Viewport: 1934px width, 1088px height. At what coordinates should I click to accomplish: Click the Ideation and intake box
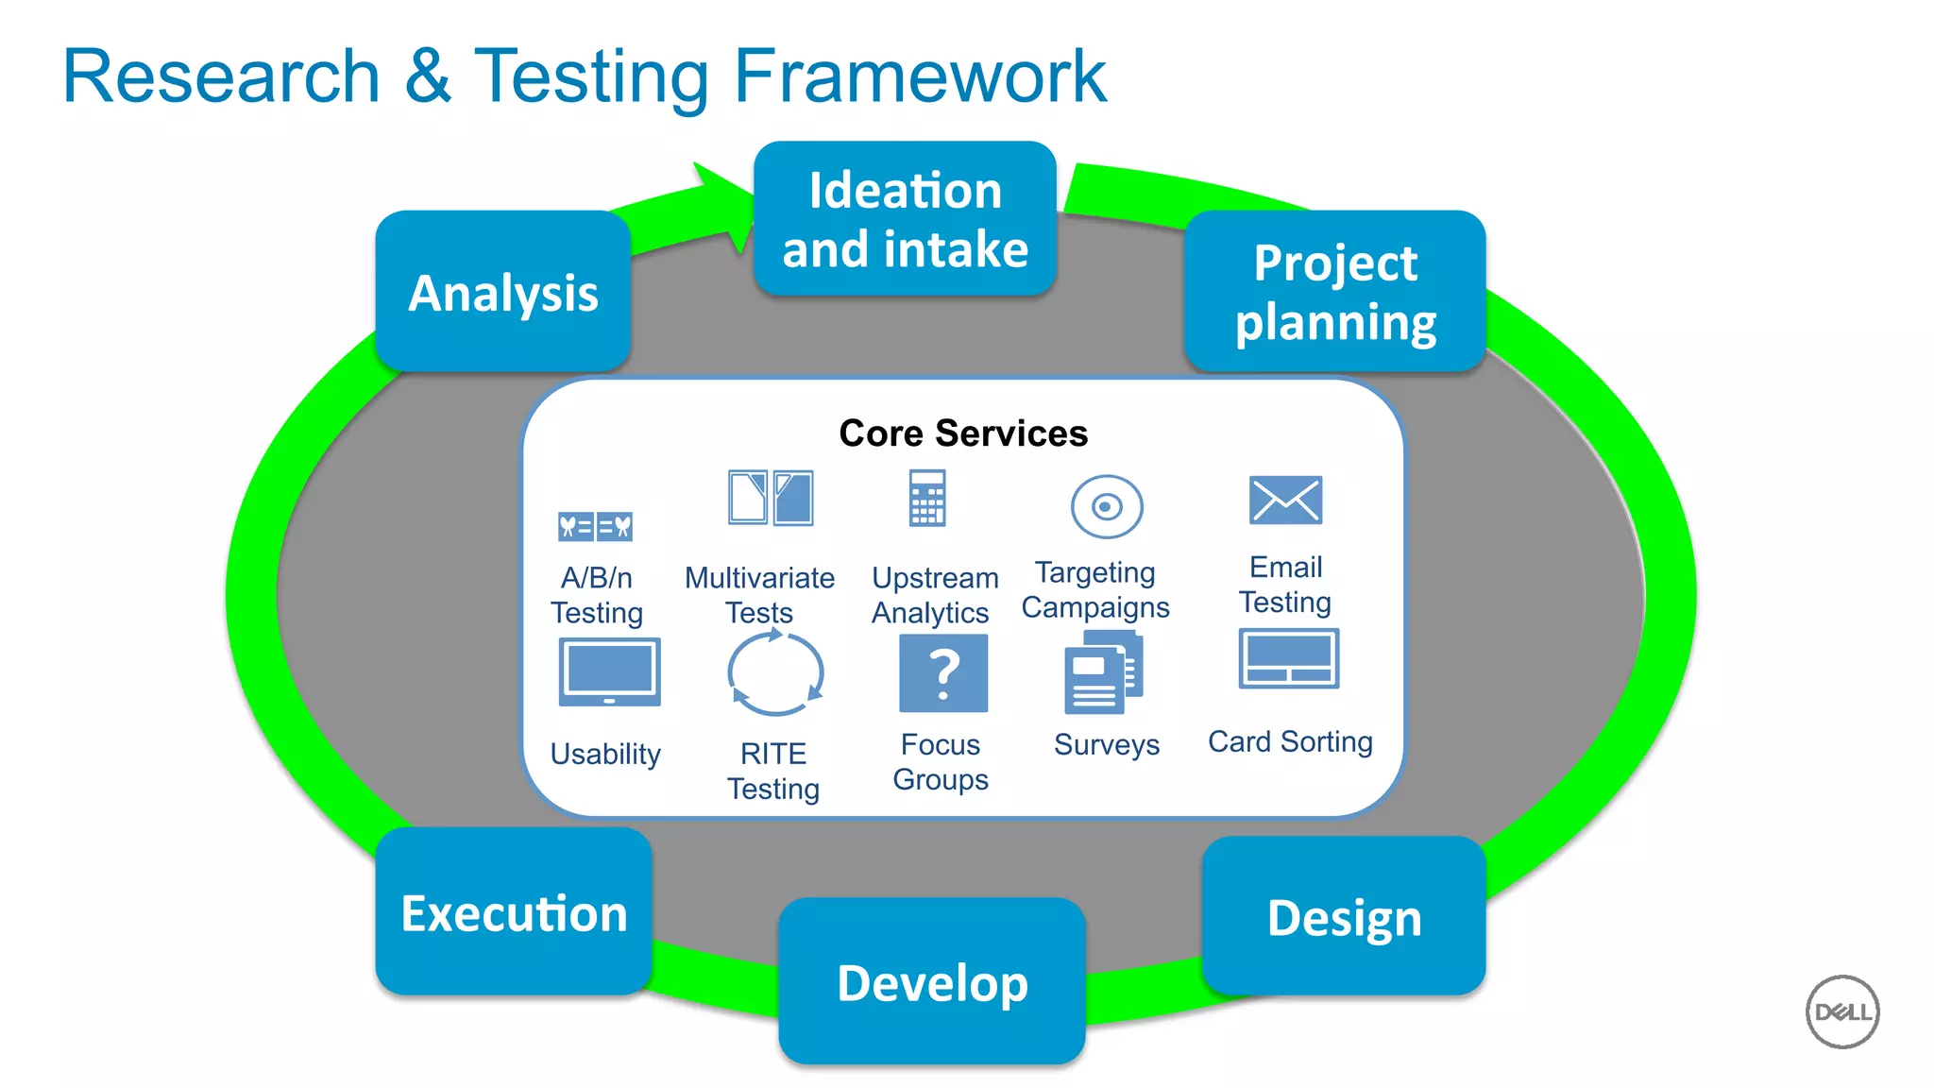pyautogui.click(x=905, y=219)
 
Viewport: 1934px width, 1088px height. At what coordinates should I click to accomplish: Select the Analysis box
pyautogui.click(x=502, y=292)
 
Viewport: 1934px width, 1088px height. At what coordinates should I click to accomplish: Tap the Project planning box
pyautogui.click(x=1335, y=292)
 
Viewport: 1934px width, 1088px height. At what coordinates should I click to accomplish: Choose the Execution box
pyautogui.click(x=514, y=912)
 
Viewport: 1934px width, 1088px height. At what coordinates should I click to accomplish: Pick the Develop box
pyautogui.click(x=932, y=982)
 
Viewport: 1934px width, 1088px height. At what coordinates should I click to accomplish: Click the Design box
pyautogui.click(x=1344, y=917)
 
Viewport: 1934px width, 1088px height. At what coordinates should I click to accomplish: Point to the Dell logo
pyautogui.click(x=1842, y=1012)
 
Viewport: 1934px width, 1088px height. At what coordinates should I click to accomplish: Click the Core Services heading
pyautogui.click(x=963, y=433)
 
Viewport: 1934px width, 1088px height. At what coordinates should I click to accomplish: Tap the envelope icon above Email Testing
pyautogui.click(x=1285, y=500)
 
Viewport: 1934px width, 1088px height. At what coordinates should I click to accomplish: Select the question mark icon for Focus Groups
pyautogui.click(x=943, y=673)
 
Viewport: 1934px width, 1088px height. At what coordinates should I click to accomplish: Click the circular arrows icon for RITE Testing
pyautogui.click(x=775, y=674)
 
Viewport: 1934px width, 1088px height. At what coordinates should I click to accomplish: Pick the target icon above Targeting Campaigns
pyautogui.click(x=1107, y=507)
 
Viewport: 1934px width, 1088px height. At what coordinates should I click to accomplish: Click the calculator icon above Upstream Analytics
pyautogui.click(x=926, y=498)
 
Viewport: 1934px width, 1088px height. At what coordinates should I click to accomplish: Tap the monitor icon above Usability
pyautogui.click(x=609, y=672)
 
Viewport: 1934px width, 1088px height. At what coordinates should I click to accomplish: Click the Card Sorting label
pyautogui.click(x=1290, y=742)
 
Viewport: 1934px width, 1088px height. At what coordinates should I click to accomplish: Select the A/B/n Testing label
pyautogui.click(x=596, y=595)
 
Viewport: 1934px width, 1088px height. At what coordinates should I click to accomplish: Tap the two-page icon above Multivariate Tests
pyautogui.click(x=770, y=498)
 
